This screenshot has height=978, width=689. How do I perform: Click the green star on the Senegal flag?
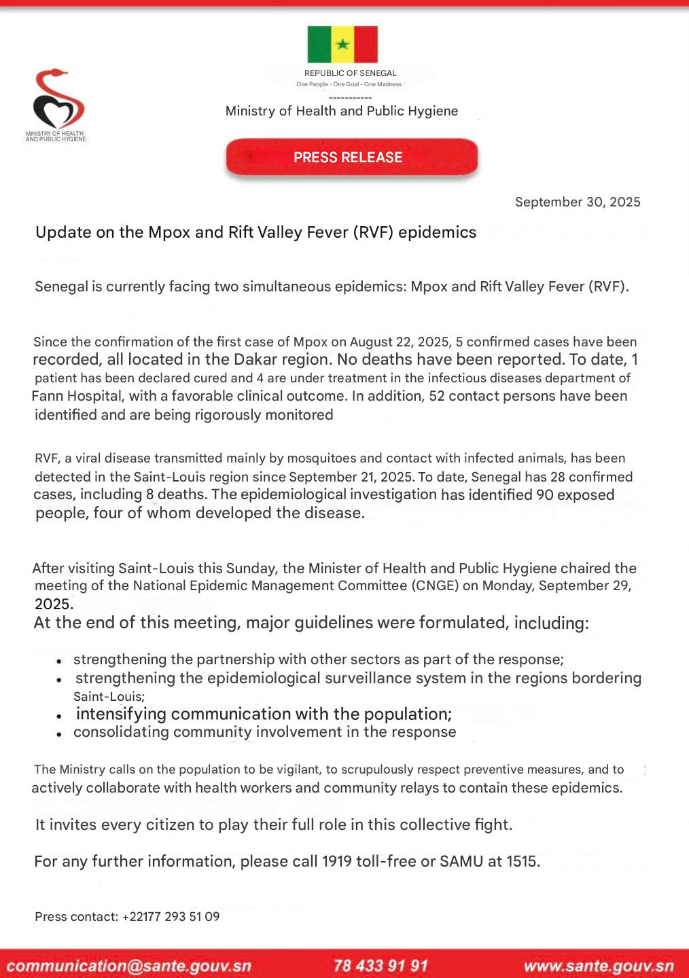342,45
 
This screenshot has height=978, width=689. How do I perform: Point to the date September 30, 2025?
578,202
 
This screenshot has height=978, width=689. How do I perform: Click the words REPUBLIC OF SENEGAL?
350,73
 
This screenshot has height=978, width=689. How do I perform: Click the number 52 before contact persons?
437,396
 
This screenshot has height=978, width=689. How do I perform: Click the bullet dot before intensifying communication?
60,716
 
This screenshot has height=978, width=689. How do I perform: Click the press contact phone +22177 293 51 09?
171,917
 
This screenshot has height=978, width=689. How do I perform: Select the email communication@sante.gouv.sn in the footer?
129,966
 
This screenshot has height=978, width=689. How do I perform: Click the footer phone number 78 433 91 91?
381,966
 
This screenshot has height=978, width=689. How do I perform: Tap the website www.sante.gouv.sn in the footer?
599,966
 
